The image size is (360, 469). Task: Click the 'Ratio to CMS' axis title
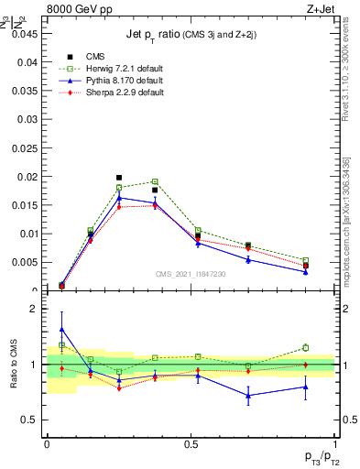coord(14,364)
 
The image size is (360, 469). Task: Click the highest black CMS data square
coord(119,178)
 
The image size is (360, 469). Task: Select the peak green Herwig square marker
coord(155,181)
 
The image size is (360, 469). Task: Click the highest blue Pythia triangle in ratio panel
coord(61,329)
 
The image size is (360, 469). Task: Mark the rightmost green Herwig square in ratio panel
coord(305,347)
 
